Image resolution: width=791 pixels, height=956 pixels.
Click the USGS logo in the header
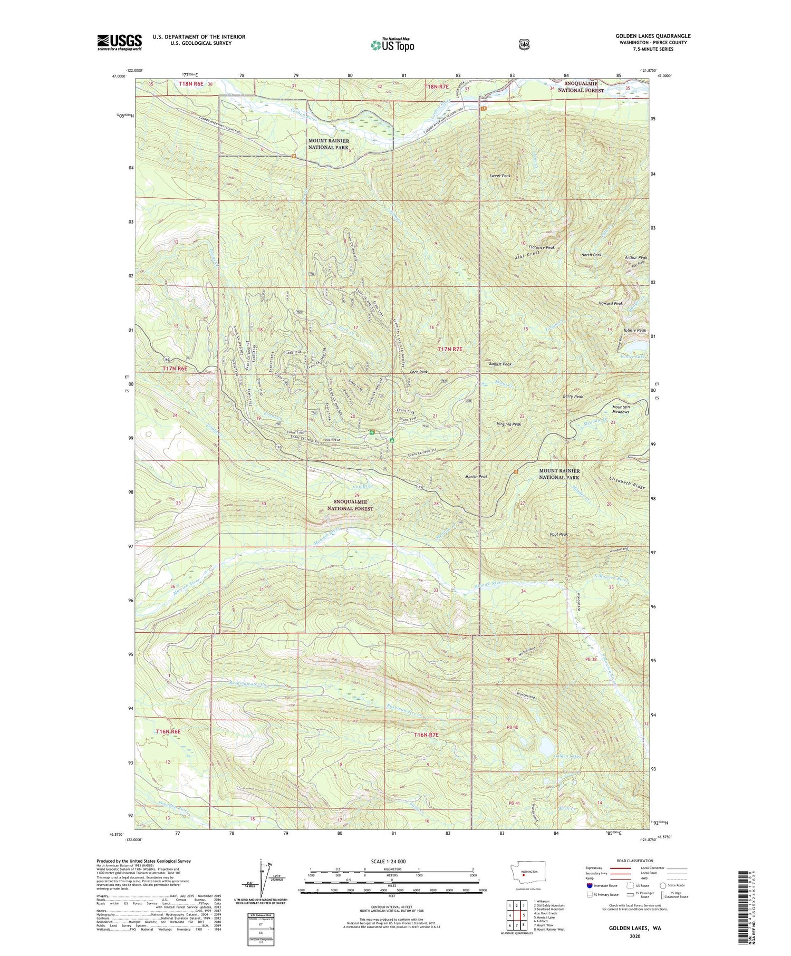click(119, 42)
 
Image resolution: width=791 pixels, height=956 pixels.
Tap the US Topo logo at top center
click(392, 45)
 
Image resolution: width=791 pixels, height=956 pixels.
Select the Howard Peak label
click(611, 304)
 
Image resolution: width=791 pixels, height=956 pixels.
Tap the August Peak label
click(500, 364)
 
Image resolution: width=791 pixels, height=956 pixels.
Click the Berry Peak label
click(573, 397)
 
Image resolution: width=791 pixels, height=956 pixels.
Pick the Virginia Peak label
click(509, 424)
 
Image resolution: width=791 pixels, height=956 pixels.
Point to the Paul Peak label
click(558, 534)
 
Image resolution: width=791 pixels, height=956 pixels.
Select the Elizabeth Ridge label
click(626, 484)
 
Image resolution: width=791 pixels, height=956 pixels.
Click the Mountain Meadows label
click(621, 409)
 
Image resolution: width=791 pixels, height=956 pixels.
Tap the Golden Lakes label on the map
click(568, 756)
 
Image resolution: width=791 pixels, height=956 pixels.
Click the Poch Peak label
click(419, 372)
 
